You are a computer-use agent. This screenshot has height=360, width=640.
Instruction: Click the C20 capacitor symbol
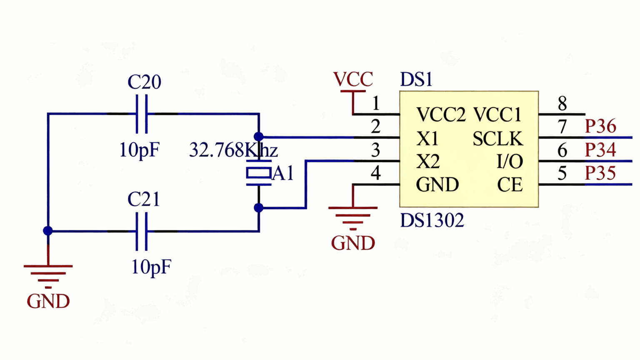(x=142, y=114)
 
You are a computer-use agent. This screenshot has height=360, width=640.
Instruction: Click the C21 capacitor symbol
(x=142, y=231)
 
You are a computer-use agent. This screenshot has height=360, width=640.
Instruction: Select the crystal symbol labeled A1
(x=259, y=172)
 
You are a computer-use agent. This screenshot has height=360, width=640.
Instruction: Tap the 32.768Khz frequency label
(x=233, y=150)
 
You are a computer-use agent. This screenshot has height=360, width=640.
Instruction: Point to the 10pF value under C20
(x=139, y=150)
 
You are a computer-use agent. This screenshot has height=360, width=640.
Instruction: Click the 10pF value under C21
(x=151, y=267)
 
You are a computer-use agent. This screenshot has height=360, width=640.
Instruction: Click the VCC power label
(x=353, y=80)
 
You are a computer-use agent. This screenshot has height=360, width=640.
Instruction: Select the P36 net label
(x=600, y=126)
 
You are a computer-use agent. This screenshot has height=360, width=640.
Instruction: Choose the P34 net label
(x=600, y=150)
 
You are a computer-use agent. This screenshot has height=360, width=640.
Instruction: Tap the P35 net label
(x=600, y=173)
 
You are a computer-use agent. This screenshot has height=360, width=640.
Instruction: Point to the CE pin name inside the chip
(x=510, y=185)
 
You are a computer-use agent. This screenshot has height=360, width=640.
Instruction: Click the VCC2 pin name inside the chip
(x=441, y=115)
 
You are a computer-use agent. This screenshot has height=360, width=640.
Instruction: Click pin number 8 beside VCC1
(x=562, y=103)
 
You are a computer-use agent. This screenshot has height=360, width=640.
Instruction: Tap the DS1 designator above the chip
(x=416, y=80)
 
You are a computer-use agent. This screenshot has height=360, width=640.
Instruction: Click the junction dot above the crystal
(x=259, y=137)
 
